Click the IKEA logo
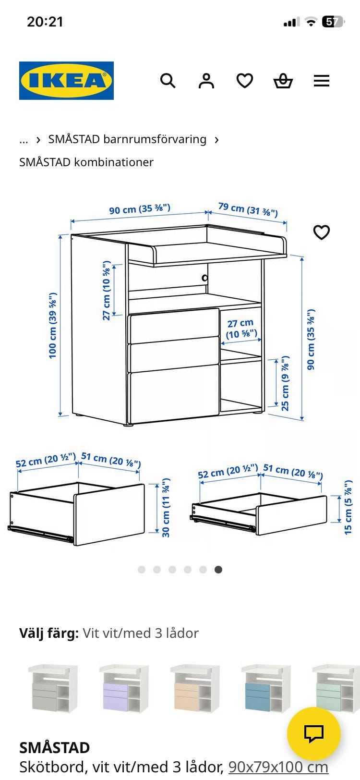pos(67,80)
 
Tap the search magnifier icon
pos(168,81)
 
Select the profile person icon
pos(206,81)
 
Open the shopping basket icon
pos(283,81)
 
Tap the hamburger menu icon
pos(321,81)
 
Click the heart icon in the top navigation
pos(245,81)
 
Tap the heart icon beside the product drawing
pos(321,232)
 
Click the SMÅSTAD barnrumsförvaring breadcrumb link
pos(127,139)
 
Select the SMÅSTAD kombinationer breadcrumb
pos(86,162)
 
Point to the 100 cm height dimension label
pos(53,326)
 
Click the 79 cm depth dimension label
pos(248,209)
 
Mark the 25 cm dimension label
pos(285,383)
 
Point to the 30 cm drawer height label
pos(166,507)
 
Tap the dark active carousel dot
pos(218,570)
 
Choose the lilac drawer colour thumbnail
pos(124,688)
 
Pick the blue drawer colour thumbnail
pos(266,688)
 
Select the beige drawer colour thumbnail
pos(195,688)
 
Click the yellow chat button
pos(314,733)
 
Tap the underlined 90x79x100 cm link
pos(278,767)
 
